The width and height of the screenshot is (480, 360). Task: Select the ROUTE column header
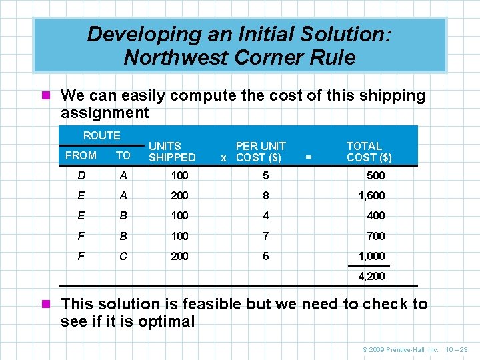pyautogui.click(x=102, y=135)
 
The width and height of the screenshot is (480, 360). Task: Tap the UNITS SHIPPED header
pyautogui.click(x=172, y=151)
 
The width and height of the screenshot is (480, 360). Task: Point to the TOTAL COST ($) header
pyautogui.click(x=369, y=151)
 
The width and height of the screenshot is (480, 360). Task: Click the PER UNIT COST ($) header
pyautogui.click(x=260, y=151)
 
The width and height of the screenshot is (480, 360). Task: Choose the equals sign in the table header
pyautogui.click(x=308, y=157)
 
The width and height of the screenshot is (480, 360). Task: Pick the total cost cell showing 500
pyautogui.click(x=375, y=175)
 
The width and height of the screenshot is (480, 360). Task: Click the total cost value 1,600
pyautogui.click(x=371, y=195)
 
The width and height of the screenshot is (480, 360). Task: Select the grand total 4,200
pyautogui.click(x=371, y=275)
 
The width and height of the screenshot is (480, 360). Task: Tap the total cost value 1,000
pyautogui.click(x=371, y=256)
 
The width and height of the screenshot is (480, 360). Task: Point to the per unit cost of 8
pyautogui.click(x=266, y=195)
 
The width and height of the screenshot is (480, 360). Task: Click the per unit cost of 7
pyautogui.click(x=266, y=236)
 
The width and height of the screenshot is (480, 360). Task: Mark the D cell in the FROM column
pyautogui.click(x=81, y=175)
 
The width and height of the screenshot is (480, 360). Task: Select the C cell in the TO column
pyautogui.click(x=123, y=256)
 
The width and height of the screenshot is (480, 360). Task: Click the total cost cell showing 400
pyautogui.click(x=375, y=215)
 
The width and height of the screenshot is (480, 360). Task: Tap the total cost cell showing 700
pyautogui.click(x=375, y=236)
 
